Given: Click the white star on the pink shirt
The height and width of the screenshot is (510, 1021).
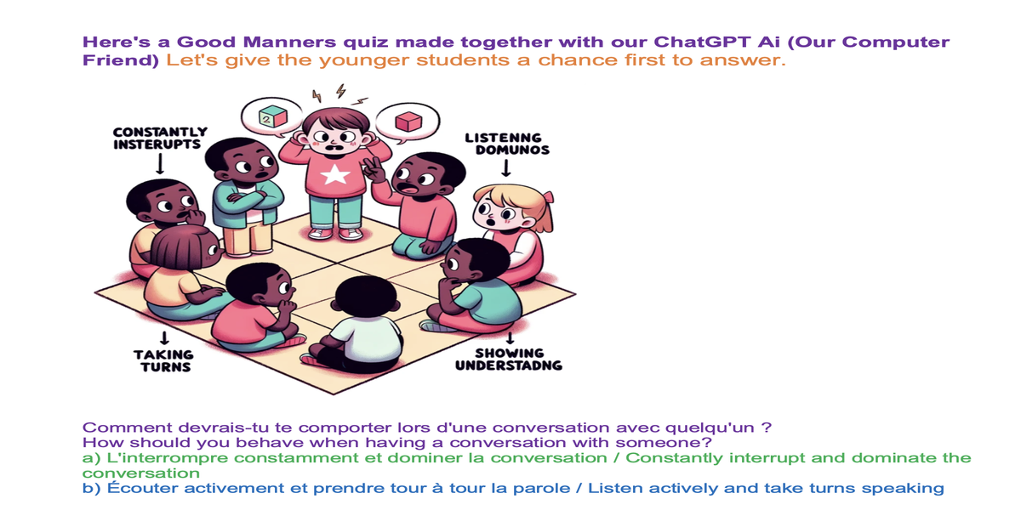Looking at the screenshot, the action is tap(335, 175).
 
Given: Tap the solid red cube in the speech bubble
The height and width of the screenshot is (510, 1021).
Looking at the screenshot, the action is tap(408, 122).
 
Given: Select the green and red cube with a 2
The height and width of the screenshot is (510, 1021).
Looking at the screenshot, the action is tap(272, 116).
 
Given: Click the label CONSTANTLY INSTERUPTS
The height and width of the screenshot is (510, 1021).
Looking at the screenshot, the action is tap(160, 138).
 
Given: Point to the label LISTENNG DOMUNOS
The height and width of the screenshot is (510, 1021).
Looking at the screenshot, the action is tap(507, 144).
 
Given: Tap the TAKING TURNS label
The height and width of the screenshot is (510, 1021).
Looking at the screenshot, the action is tap(164, 361).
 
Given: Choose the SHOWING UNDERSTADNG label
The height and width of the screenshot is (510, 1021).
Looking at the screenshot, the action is tap(509, 360).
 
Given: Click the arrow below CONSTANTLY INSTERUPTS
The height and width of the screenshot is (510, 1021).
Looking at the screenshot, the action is tap(160, 163).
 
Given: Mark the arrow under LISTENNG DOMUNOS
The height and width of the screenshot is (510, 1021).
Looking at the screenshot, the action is tap(506, 167).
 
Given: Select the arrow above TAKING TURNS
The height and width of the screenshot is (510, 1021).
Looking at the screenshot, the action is tap(164, 338).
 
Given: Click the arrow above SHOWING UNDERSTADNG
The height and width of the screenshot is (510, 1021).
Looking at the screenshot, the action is tap(510, 337).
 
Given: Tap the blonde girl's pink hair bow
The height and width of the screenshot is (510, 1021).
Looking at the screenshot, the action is tap(548, 196).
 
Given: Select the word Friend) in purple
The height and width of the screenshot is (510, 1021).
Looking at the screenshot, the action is tap(121, 60).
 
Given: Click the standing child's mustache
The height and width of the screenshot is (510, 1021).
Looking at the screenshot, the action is tap(336, 146).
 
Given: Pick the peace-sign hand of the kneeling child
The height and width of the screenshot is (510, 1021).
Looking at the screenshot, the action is tap(374, 171).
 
